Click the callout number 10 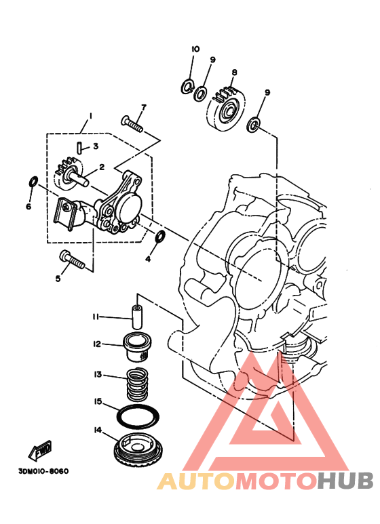click(x=195, y=49)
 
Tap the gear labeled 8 click(x=227, y=109)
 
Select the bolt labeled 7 click(x=132, y=123)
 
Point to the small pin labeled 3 click(x=79, y=147)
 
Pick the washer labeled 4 click(x=160, y=236)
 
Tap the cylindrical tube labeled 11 click(x=136, y=317)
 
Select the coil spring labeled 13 click(x=137, y=384)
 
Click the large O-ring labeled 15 click(x=138, y=416)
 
